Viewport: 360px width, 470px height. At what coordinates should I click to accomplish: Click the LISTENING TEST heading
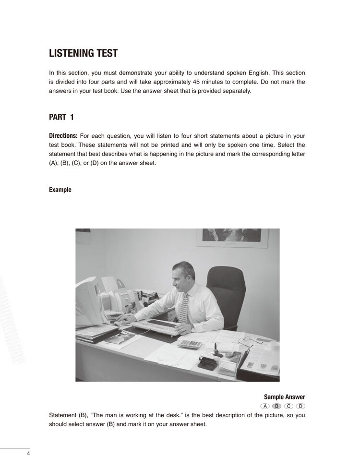point(83,53)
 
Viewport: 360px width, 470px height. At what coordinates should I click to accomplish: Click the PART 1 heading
point(61,117)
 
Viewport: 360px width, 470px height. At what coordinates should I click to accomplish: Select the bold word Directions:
point(63,136)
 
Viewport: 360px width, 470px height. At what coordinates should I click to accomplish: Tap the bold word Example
point(60,190)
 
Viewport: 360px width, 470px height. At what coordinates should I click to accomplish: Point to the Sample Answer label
point(284,397)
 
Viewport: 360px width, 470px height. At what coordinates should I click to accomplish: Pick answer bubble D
point(300,406)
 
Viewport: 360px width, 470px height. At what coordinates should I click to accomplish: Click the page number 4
point(28,454)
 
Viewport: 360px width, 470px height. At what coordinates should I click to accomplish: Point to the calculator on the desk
point(190,344)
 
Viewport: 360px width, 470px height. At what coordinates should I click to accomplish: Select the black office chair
point(226,293)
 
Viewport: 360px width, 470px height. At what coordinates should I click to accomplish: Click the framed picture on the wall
point(232,237)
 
